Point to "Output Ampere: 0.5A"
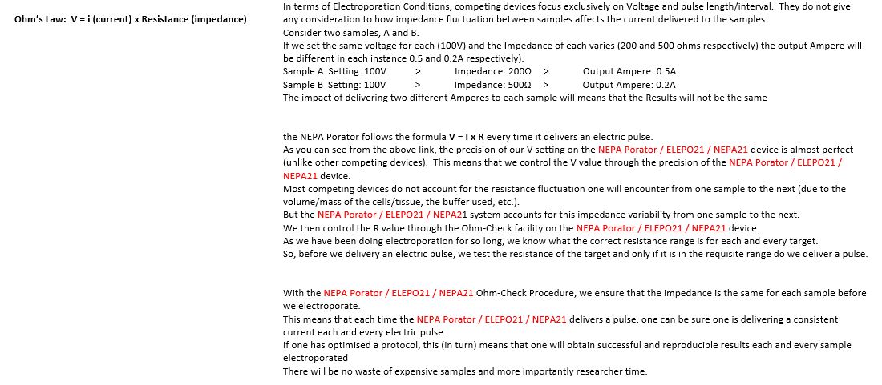629,71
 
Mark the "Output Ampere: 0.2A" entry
629,84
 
